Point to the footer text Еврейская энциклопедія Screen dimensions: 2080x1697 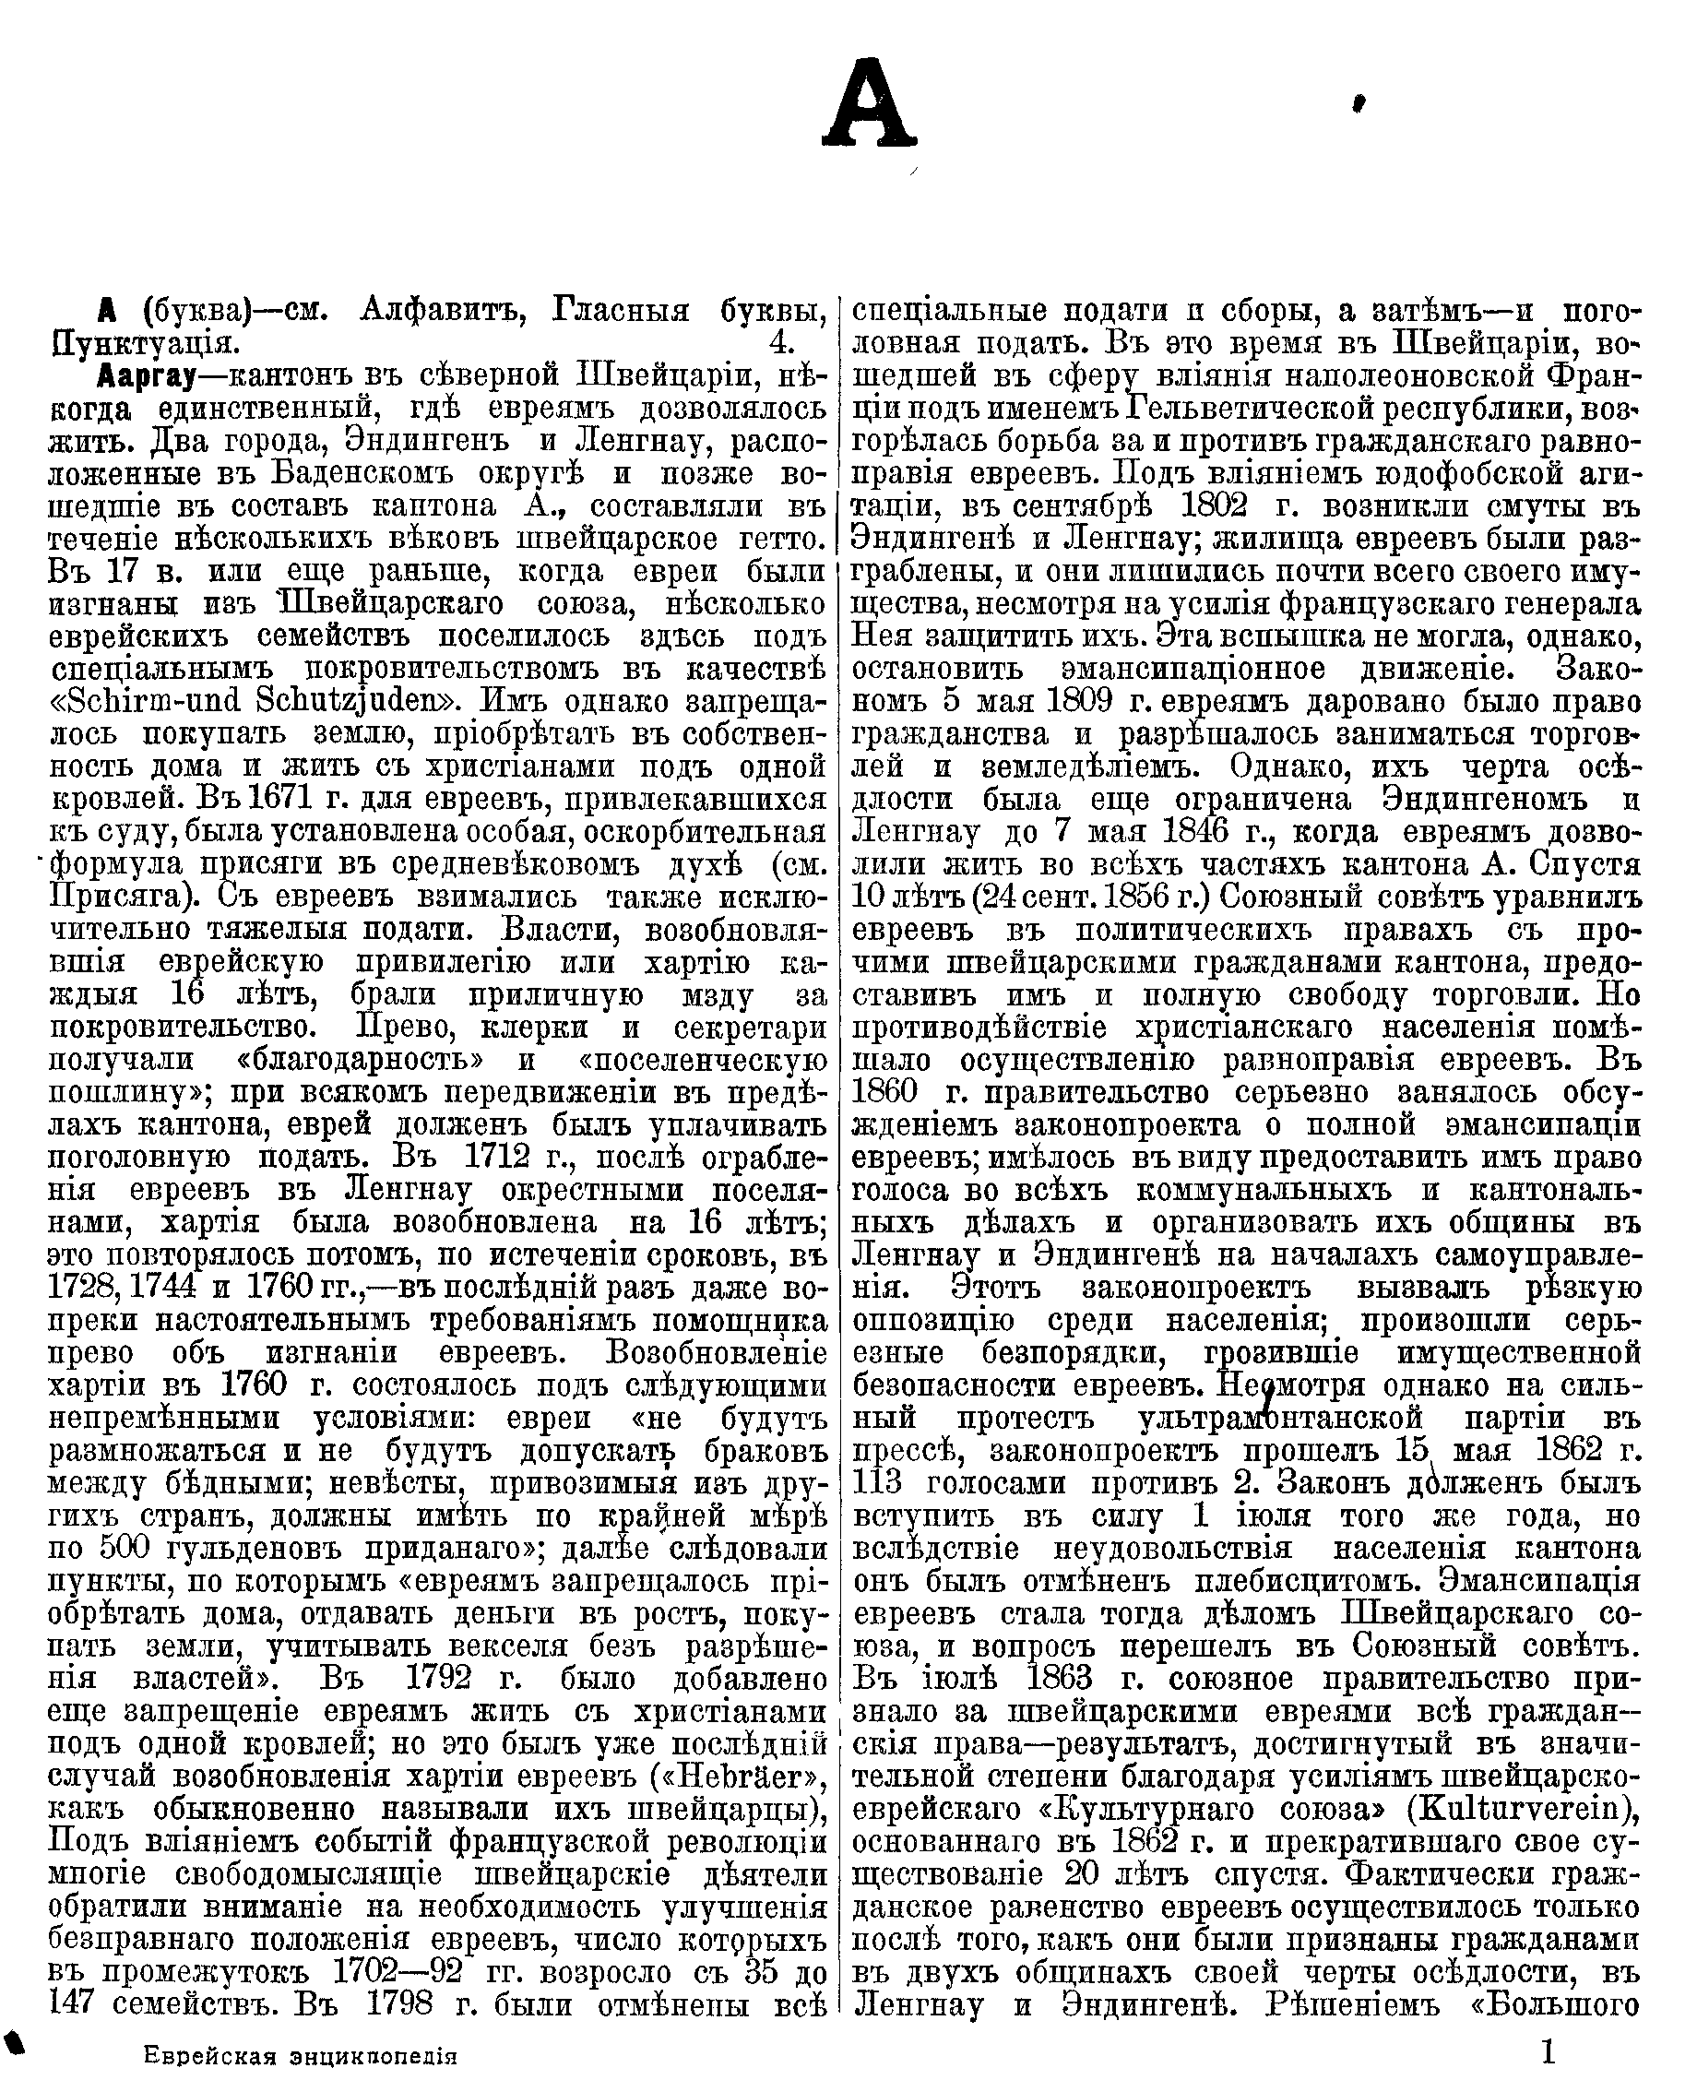tap(300, 2056)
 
